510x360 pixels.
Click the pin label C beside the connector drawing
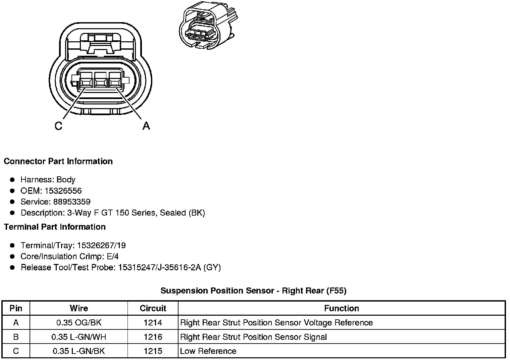point(58,126)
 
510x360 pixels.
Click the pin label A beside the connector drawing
point(146,126)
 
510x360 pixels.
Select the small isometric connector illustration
point(208,26)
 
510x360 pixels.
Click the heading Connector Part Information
point(58,161)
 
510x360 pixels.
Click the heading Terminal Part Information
point(55,227)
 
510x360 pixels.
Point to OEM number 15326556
point(63,191)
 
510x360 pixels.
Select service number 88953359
point(72,202)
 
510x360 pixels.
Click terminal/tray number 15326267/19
point(101,245)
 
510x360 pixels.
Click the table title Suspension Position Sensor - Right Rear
point(253,290)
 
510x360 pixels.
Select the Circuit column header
point(153,308)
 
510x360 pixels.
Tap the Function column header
point(342,308)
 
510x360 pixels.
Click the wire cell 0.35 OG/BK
point(79,323)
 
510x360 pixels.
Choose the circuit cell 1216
point(153,337)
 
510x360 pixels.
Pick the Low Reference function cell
point(208,351)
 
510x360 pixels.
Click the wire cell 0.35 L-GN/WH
point(79,337)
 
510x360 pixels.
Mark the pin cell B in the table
point(16,337)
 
